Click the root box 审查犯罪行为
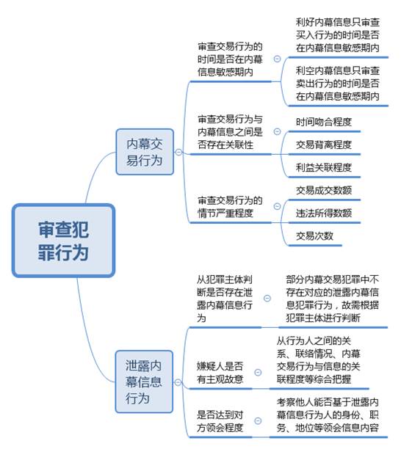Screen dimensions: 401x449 click(x=63, y=241)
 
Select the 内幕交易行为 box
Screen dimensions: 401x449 click(x=145, y=152)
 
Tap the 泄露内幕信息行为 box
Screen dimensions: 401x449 click(x=144, y=382)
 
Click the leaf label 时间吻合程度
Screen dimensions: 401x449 click(x=324, y=122)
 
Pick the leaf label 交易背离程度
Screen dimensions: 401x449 click(x=324, y=145)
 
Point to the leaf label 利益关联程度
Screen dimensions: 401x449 click(x=324, y=167)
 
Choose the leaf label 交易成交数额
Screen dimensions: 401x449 click(x=324, y=190)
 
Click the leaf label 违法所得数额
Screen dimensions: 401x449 click(x=324, y=213)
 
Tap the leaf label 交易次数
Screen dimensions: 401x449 click(x=314, y=236)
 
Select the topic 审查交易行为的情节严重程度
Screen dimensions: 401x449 click(x=230, y=207)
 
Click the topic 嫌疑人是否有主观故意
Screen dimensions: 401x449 click(x=220, y=373)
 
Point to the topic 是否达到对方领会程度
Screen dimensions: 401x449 click(x=220, y=421)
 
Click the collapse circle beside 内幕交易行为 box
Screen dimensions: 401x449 click(x=178, y=152)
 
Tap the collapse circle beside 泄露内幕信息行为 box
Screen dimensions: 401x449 click(x=178, y=382)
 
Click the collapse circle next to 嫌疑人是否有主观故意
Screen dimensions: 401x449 click(x=258, y=372)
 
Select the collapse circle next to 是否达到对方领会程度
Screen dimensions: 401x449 click(x=258, y=420)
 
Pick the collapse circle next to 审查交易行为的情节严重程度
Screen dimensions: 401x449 click(x=277, y=206)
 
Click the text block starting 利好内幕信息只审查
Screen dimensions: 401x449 click(x=338, y=35)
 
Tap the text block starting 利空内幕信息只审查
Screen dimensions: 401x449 click(x=338, y=84)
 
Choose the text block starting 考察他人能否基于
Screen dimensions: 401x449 click(x=328, y=415)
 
